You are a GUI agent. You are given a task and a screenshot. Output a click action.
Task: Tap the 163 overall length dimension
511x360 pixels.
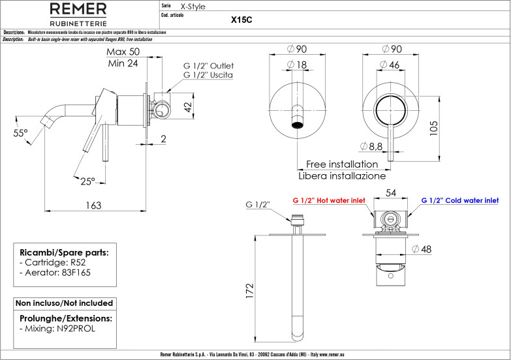(x=94, y=205)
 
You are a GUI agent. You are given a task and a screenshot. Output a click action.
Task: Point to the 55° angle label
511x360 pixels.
(x=22, y=133)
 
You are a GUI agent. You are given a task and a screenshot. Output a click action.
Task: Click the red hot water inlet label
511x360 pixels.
(x=328, y=201)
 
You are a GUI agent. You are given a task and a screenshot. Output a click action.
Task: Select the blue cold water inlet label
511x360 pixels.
(x=459, y=201)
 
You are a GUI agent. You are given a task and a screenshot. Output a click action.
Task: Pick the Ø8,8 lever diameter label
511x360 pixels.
(x=370, y=146)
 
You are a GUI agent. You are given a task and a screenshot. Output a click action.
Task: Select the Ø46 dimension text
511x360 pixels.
(x=390, y=65)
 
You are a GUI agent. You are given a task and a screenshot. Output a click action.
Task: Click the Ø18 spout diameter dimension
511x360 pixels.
(x=297, y=65)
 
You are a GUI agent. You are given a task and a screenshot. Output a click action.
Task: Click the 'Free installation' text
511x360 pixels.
(x=341, y=164)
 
